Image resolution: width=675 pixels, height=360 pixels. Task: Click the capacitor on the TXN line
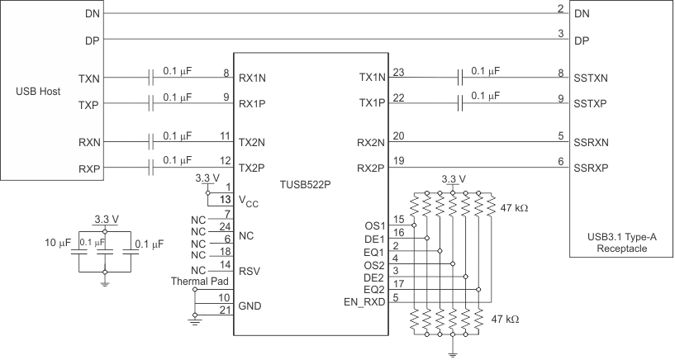click(150, 78)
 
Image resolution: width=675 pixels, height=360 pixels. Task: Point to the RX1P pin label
click(251, 104)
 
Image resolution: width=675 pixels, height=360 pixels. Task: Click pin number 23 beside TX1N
click(399, 72)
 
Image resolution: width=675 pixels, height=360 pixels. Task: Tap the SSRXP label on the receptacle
click(591, 168)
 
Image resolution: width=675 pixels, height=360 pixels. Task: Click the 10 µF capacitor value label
click(58, 244)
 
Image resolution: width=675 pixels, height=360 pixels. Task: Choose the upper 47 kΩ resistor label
click(514, 207)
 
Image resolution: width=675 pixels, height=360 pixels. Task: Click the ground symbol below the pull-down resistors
click(453, 353)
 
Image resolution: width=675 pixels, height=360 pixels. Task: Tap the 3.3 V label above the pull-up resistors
click(453, 179)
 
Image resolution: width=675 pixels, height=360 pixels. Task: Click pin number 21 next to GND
click(223, 310)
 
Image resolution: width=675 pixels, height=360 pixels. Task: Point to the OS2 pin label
click(374, 265)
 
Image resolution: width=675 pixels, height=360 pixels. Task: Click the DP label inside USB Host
click(93, 39)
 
